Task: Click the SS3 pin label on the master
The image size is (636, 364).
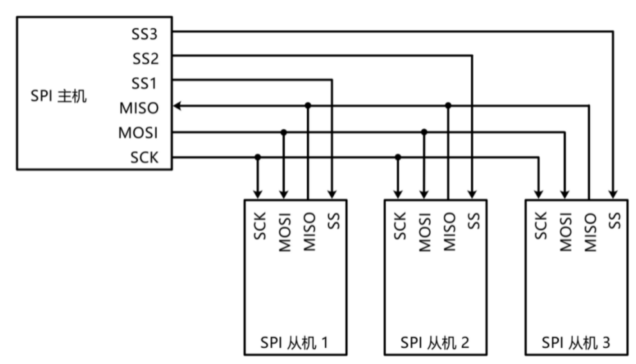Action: tap(144, 34)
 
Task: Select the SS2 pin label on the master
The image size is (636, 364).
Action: tap(146, 59)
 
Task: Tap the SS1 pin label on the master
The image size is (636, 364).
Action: tap(144, 83)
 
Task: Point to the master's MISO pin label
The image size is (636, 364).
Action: tap(139, 108)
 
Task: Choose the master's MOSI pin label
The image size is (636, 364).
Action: tap(138, 133)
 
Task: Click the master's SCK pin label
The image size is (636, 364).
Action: tap(144, 157)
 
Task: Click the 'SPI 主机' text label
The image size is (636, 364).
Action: tap(58, 96)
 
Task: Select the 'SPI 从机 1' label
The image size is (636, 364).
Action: tap(294, 343)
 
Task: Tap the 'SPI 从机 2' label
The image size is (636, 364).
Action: tap(434, 343)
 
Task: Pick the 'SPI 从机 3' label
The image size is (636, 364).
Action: tap(575, 343)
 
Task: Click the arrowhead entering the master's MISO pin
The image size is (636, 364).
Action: tap(177, 106)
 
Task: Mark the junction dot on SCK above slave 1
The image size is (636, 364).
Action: tap(258, 157)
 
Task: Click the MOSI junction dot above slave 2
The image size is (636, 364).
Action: tap(424, 132)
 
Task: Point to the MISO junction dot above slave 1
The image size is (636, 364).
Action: tap(308, 105)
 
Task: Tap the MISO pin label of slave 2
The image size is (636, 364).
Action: tap(449, 232)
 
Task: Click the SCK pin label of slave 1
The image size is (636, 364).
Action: tap(259, 226)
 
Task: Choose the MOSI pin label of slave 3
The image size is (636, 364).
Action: tap(565, 232)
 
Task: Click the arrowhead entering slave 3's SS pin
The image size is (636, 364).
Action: tap(613, 194)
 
